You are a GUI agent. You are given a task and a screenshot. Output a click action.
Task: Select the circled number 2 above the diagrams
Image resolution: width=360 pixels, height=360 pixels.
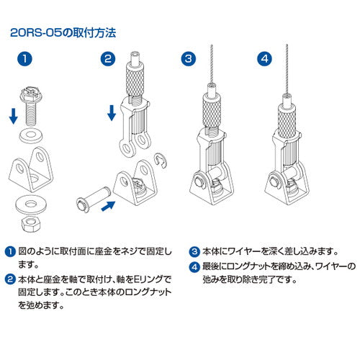(108, 60)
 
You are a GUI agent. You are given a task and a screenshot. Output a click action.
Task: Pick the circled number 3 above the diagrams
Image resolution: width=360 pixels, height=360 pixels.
(189, 60)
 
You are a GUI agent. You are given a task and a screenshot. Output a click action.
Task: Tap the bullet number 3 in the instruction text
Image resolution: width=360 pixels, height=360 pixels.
(194, 252)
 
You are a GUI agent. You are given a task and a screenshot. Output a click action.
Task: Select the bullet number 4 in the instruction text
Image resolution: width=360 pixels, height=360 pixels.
(194, 268)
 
